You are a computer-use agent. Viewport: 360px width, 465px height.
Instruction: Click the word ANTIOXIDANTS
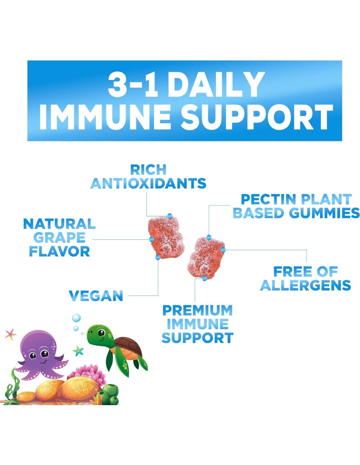(x=148, y=183)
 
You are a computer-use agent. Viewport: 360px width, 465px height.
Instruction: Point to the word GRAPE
(x=59, y=238)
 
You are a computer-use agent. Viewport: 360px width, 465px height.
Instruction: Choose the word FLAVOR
(x=59, y=251)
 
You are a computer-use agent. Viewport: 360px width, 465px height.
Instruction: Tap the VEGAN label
(x=96, y=296)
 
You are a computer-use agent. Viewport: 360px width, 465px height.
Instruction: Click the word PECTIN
(x=269, y=199)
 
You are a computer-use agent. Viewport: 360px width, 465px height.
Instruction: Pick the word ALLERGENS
(x=305, y=285)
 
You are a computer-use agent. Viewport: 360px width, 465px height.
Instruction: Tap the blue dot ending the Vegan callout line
(x=158, y=257)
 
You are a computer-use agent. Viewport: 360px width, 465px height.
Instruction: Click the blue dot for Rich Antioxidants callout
(x=170, y=216)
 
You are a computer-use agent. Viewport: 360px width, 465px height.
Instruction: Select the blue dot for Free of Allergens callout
(x=223, y=250)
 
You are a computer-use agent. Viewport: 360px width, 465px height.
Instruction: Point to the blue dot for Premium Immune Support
(x=204, y=278)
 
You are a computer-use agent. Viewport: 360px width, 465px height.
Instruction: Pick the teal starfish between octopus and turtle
(x=78, y=351)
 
